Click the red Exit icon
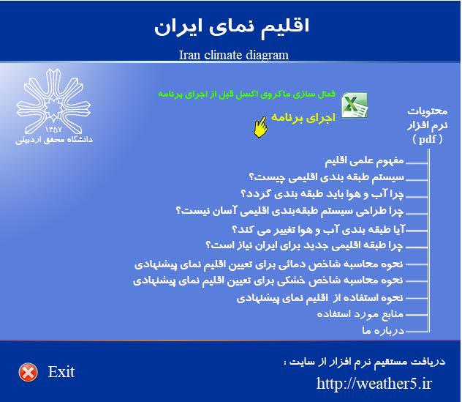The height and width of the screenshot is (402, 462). tap(28, 372)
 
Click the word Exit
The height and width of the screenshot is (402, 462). tap(61, 372)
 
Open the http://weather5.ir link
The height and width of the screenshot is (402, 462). tap(375, 383)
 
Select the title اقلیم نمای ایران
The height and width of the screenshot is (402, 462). tap(232, 26)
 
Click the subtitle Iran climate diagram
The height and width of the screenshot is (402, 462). tap(233, 55)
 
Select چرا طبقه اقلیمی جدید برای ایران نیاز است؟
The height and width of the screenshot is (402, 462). tap(303, 245)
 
